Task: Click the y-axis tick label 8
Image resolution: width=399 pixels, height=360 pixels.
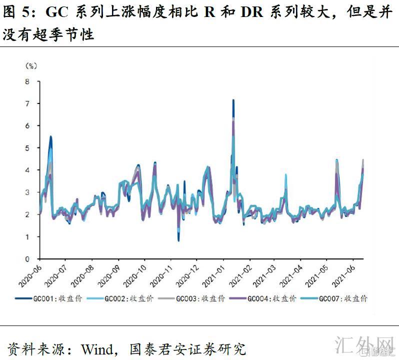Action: pos(27,81)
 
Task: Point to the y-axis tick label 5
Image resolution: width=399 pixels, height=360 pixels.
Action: pos(27,148)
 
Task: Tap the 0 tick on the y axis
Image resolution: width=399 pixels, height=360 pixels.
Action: pos(27,259)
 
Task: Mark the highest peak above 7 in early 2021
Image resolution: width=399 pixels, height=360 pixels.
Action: pos(233,100)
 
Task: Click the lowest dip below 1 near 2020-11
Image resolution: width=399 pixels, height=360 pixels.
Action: pos(178,240)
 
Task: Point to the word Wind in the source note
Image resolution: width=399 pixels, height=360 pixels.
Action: pos(97,348)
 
